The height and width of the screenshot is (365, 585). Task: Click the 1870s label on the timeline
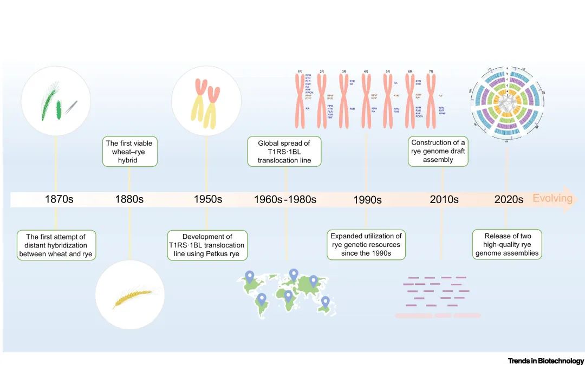coord(59,199)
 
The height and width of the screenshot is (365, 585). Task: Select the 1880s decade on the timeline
coord(129,199)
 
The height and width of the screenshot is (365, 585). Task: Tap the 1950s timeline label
coord(208,199)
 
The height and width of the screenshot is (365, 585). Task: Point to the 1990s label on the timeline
coord(367,200)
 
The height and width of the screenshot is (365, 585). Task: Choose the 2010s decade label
coord(444,199)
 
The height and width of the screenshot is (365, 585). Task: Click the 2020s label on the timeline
coord(509,199)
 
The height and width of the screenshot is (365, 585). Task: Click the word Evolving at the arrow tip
coord(552,198)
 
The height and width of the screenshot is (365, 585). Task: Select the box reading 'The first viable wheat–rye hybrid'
coord(130,152)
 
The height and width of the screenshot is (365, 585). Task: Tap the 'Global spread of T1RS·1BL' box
coord(284,152)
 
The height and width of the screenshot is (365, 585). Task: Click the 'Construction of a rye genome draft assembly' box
coord(438,151)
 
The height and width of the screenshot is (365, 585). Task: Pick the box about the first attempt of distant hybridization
coord(56,245)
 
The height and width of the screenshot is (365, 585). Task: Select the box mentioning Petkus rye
coord(207,245)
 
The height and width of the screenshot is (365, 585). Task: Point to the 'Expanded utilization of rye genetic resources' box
coord(366,245)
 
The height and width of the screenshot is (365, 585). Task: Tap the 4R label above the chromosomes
coord(366,71)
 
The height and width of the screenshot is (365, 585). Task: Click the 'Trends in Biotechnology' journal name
coord(546,361)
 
